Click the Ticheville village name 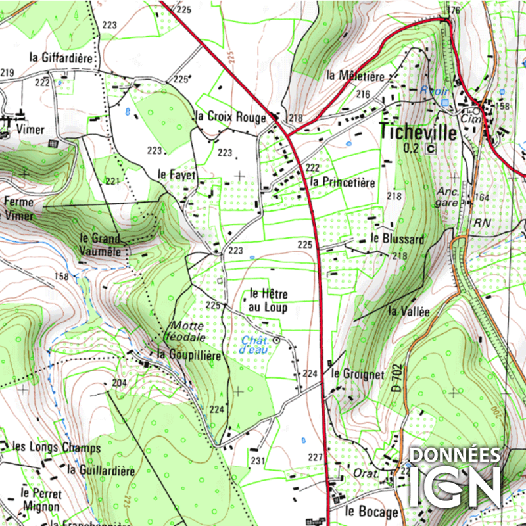pyautogui.click(x=418, y=131)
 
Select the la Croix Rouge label pyautogui.click(x=231, y=117)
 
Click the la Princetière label pyautogui.click(x=343, y=182)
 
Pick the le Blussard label pyautogui.click(x=397, y=238)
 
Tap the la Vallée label pyautogui.click(x=408, y=312)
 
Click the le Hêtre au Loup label pyautogui.click(x=268, y=300)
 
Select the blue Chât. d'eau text pyautogui.click(x=256, y=345)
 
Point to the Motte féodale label pyautogui.click(x=188, y=331)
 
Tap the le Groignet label pyautogui.click(x=358, y=374)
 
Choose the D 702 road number pyautogui.click(x=396, y=379)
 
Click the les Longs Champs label pyautogui.click(x=57, y=448)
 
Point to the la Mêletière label pyautogui.click(x=355, y=76)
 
